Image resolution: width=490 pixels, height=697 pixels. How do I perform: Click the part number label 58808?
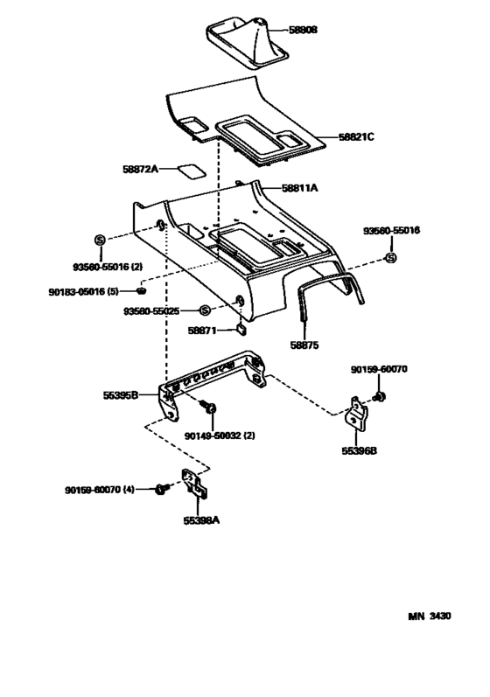[x=304, y=29]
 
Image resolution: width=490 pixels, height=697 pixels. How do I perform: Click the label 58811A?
[x=299, y=188]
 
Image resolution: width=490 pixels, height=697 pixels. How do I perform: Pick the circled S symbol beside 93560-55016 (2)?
[x=99, y=240]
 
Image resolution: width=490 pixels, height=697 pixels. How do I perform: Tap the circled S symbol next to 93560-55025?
[x=205, y=310]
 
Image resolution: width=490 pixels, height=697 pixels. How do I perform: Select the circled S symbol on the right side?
[x=391, y=257]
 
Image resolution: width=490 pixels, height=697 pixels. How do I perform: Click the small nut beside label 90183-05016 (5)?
[x=141, y=289]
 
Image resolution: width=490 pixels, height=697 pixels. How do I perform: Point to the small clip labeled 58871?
[x=241, y=330]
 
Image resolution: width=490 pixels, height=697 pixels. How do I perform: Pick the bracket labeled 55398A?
[x=193, y=486]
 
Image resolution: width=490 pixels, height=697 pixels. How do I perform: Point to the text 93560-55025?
[x=153, y=311]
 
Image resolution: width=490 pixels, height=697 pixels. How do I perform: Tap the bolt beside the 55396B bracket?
[x=379, y=397]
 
